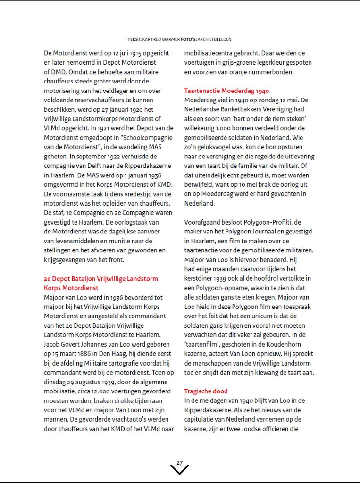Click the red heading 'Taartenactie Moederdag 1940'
pyautogui.click(x=226, y=91)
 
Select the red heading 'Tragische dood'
pyautogui.click(x=206, y=391)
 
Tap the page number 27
pyautogui.click(x=179, y=463)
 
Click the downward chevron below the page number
pyautogui.click(x=179, y=470)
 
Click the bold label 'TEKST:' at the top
pyautogui.click(x=135, y=39)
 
